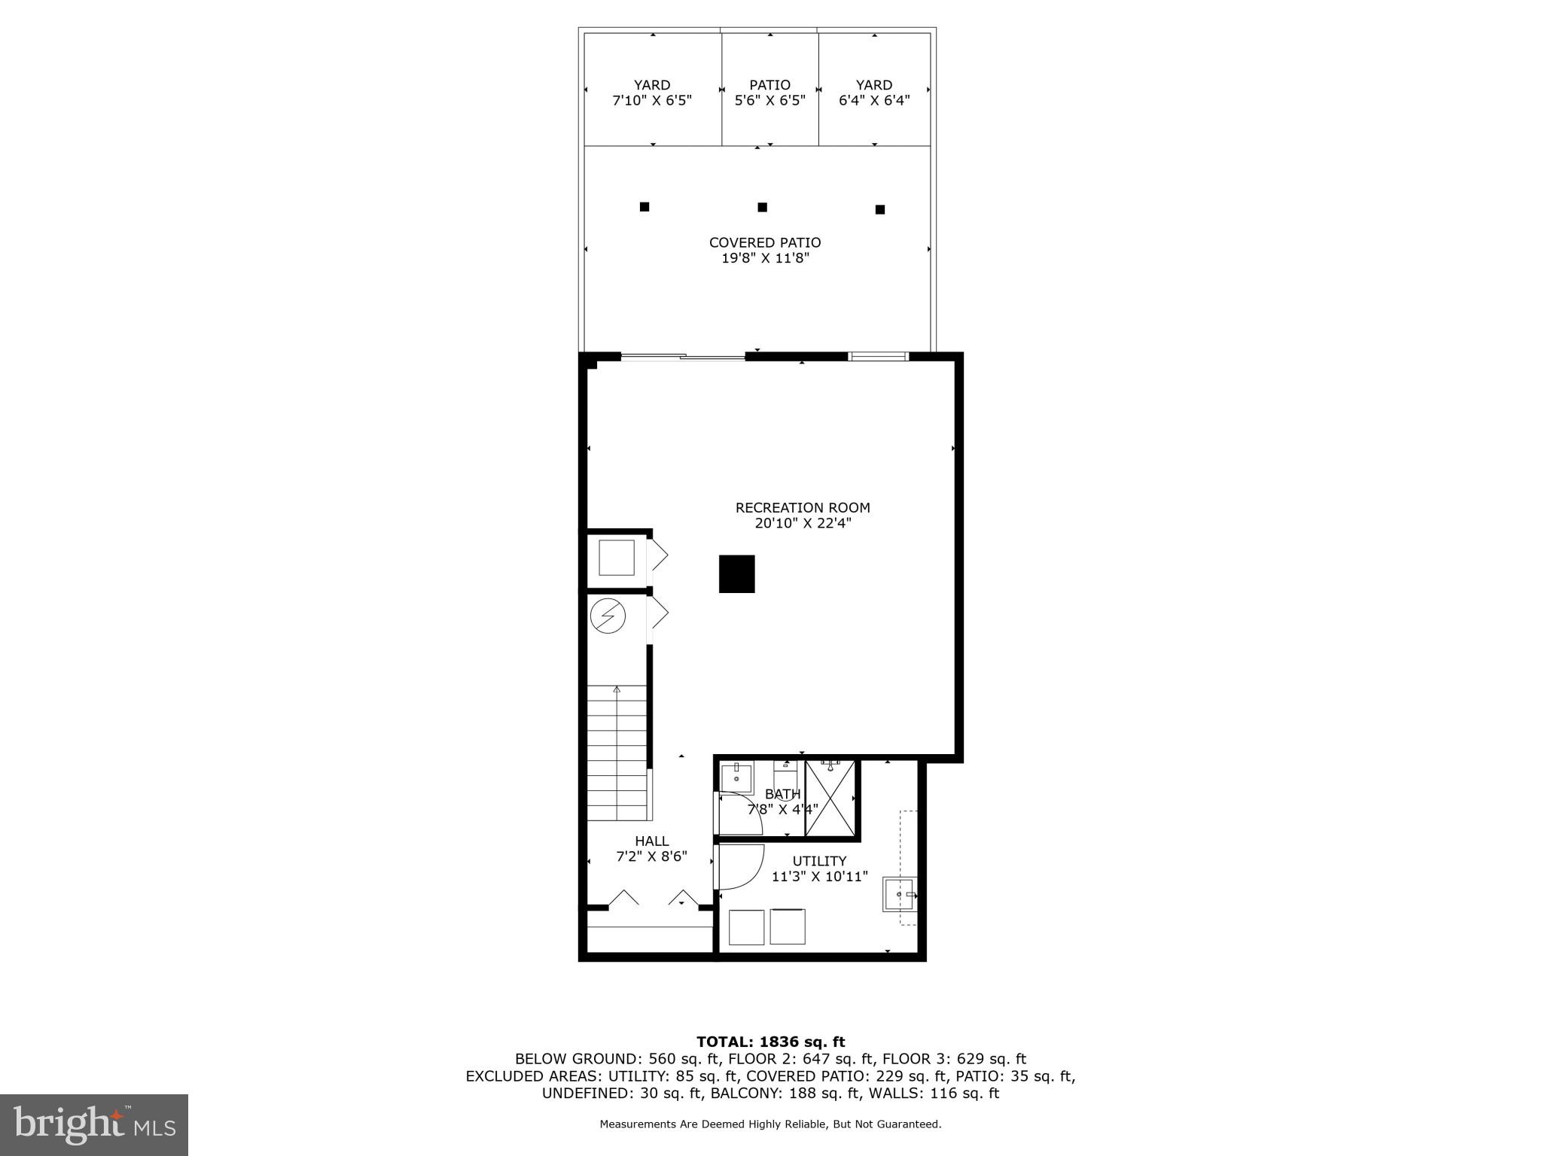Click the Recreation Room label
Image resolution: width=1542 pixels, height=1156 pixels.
[803, 508]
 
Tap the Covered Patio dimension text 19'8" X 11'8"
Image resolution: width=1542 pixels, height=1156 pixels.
[765, 258]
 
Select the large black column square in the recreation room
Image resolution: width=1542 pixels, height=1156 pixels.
[736, 574]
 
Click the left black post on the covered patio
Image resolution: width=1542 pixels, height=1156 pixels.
[645, 207]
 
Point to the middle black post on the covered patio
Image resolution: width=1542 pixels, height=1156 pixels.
[762, 207]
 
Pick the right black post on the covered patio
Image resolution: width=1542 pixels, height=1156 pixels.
[879, 210]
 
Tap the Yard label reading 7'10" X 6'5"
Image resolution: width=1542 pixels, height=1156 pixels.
[652, 93]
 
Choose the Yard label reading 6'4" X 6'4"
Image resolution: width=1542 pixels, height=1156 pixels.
[874, 93]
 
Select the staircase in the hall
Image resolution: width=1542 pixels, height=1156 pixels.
[617, 753]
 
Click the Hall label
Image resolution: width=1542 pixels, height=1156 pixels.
[651, 841]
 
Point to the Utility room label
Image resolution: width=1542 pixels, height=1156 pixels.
[819, 861]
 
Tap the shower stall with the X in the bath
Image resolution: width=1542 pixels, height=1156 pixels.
[830, 798]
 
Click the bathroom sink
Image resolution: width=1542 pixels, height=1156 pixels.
[736, 778]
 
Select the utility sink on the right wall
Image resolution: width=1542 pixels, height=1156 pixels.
[899, 894]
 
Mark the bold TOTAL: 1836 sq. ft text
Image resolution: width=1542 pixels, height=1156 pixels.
[770, 1042]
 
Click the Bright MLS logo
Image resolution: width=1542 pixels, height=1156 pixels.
[94, 1124]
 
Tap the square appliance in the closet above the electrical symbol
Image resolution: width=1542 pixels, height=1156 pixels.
[616, 558]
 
